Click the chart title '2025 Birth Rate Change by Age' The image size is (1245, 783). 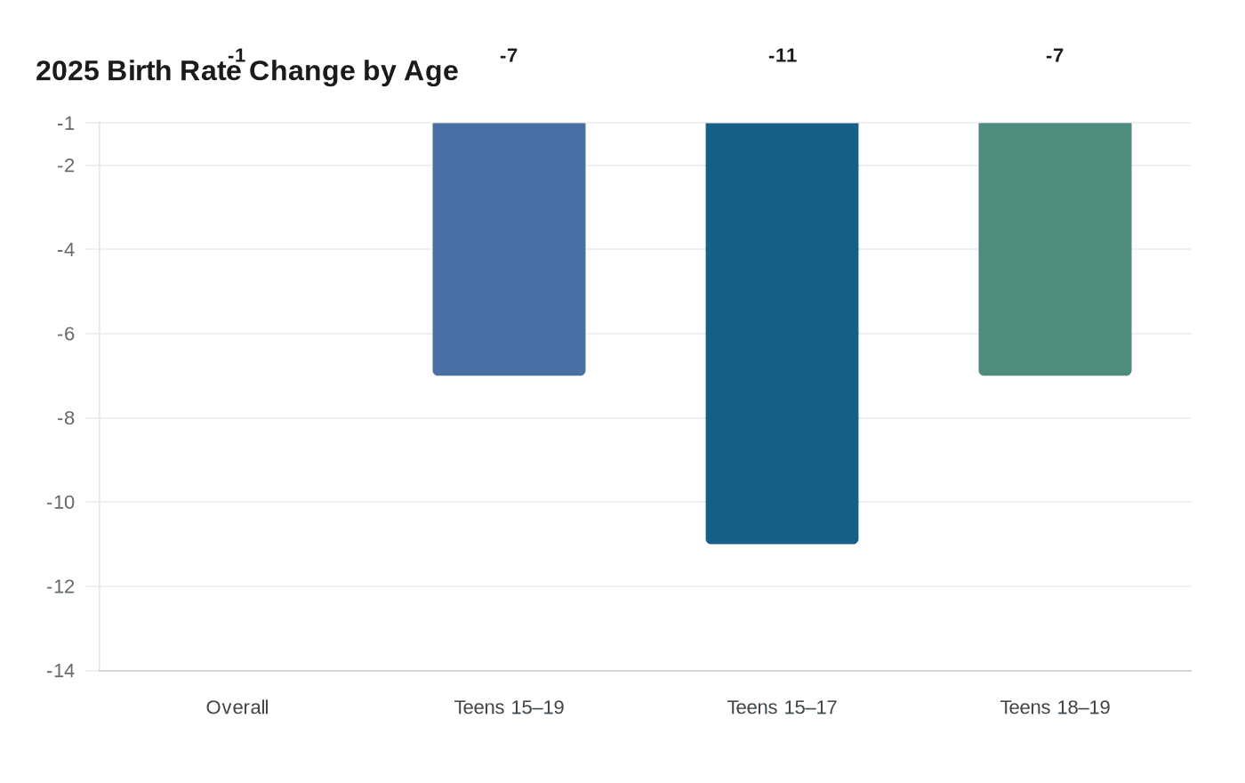coord(246,71)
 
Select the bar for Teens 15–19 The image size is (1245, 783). coord(509,248)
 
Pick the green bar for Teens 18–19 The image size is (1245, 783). coord(1055,248)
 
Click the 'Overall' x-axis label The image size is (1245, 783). coord(237,707)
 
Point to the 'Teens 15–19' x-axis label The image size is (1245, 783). coord(509,707)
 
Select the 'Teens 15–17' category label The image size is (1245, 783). coord(782,707)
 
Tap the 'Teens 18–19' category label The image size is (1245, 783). coord(1055,707)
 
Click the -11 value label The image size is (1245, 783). coord(782,56)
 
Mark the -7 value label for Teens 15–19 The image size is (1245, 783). coord(509,56)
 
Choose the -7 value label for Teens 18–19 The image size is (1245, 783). coord(1055,56)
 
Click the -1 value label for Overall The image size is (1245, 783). coord(237,56)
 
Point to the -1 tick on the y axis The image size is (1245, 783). coord(66,124)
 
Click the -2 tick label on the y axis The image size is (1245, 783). coord(66,165)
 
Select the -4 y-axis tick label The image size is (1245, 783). coord(66,250)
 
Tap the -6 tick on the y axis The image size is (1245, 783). coord(66,334)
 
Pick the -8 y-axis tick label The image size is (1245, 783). coord(66,418)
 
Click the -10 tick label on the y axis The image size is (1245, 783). coord(61,502)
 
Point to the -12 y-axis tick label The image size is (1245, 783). coord(61,586)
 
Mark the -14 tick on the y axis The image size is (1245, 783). coord(61,671)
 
